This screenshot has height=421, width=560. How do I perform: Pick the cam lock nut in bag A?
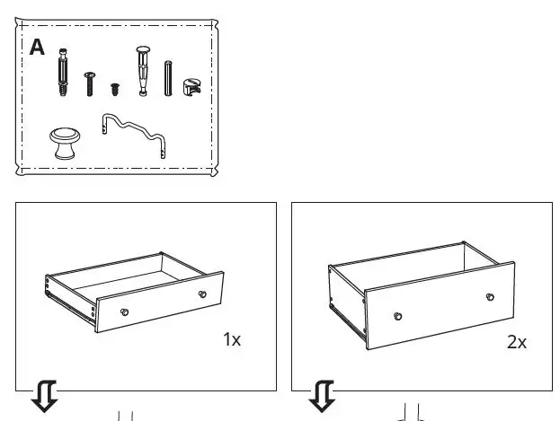point(191,86)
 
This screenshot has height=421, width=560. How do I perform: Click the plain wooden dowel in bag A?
point(167,78)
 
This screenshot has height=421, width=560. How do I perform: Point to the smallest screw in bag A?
point(115,89)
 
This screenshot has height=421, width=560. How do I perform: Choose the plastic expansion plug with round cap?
point(142,70)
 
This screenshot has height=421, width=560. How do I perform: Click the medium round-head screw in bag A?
point(89,83)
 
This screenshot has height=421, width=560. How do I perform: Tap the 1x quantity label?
point(232,339)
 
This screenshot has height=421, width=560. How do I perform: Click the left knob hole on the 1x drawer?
point(125,311)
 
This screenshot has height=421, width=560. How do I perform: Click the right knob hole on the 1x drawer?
point(203,294)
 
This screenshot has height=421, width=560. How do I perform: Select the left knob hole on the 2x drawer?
point(396,317)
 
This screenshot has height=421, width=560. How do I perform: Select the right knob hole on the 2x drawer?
point(489,297)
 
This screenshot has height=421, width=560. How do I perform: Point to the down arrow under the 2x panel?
point(322,396)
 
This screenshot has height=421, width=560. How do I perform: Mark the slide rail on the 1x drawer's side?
point(70,301)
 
